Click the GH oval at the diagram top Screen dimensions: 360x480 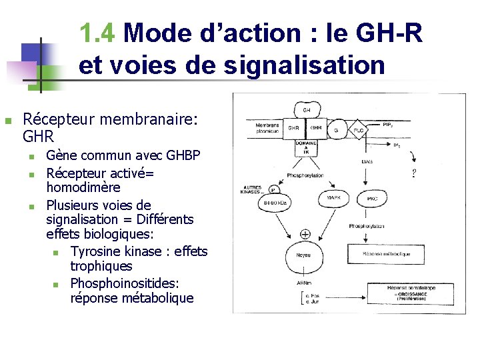pyautogui.click(x=307, y=109)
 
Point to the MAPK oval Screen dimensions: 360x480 pyautogui.click(x=334, y=198)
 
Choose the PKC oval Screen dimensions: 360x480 pyautogui.click(x=373, y=198)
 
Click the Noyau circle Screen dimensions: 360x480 pyautogui.click(x=305, y=255)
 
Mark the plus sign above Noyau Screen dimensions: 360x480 pyautogui.click(x=305, y=234)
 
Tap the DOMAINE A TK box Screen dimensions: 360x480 pyautogui.click(x=305, y=147)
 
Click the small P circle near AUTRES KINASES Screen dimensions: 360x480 pyautogui.click(x=273, y=189)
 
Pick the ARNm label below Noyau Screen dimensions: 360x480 pyautogui.click(x=303, y=283)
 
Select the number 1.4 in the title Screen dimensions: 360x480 pyautogui.click(x=98, y=33)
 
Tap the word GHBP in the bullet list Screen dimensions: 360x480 pyautogui.click(x=183, y=155)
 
